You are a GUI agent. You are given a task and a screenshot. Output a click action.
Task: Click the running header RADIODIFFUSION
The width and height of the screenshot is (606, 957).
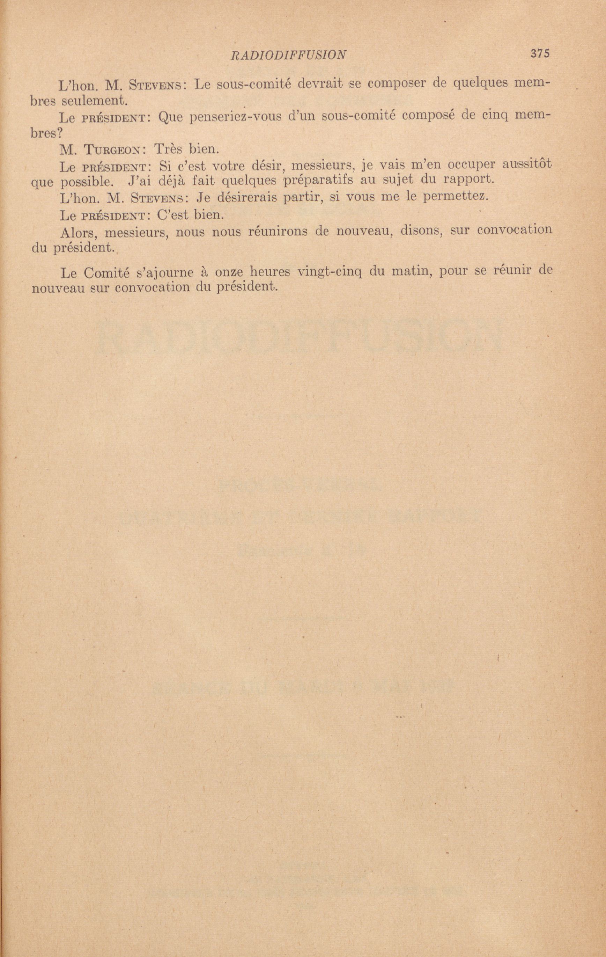[x=288, y=55]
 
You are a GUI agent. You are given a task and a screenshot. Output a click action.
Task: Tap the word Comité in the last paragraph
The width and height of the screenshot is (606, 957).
[x=101, y=273]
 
